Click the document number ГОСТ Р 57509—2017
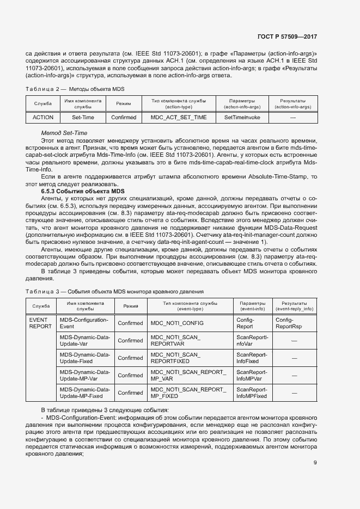pyautogui.click(x=287, y=37)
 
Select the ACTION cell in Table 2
pyautogui.click(x=43, y=118)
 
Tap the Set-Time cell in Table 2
pyautogui.click(x=83, y=118)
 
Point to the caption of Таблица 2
pyautogui.click(x=75, y=89)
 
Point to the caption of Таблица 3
pyautogui.click(x=114, y=291)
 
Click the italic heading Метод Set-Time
pyautogui.click(x=64, y=133)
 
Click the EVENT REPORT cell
pyautogui.click(x=40, y=323)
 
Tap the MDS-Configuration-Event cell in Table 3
pyautogui.click(x=84, y=323)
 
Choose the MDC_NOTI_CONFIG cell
pyautogui.click(x=177, y=323)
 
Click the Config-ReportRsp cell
pyautogui.click(x=289, y=323)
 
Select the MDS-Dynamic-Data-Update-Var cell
pyautogui.click(x=84, y=341)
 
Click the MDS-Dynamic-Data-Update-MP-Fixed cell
pyautogui.click(x=84, y=393)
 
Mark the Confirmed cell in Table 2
pyautogui.click(x=124, y=118)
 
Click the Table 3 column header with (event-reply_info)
pyautogui.click(x=294, y=306)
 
